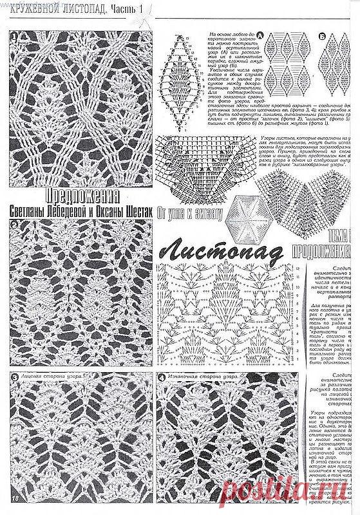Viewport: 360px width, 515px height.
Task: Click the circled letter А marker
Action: coord(260,34)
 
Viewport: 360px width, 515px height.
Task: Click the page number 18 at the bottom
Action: coord(14,496)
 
